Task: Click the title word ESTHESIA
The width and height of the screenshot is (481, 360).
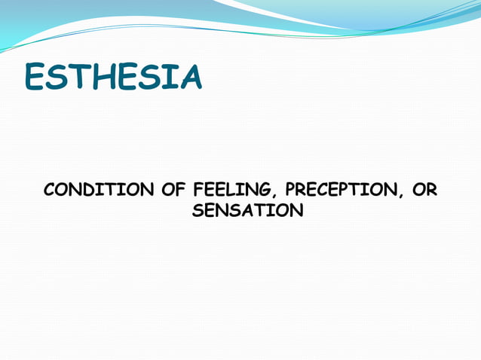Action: coord(113,78)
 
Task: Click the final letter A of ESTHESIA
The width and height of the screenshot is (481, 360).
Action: coord(188,78)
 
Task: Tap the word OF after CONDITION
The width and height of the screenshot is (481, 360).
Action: coord(174,190)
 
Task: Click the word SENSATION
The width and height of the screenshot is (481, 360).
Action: coord(247,211)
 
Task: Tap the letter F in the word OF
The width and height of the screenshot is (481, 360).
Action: coord(181,190)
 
